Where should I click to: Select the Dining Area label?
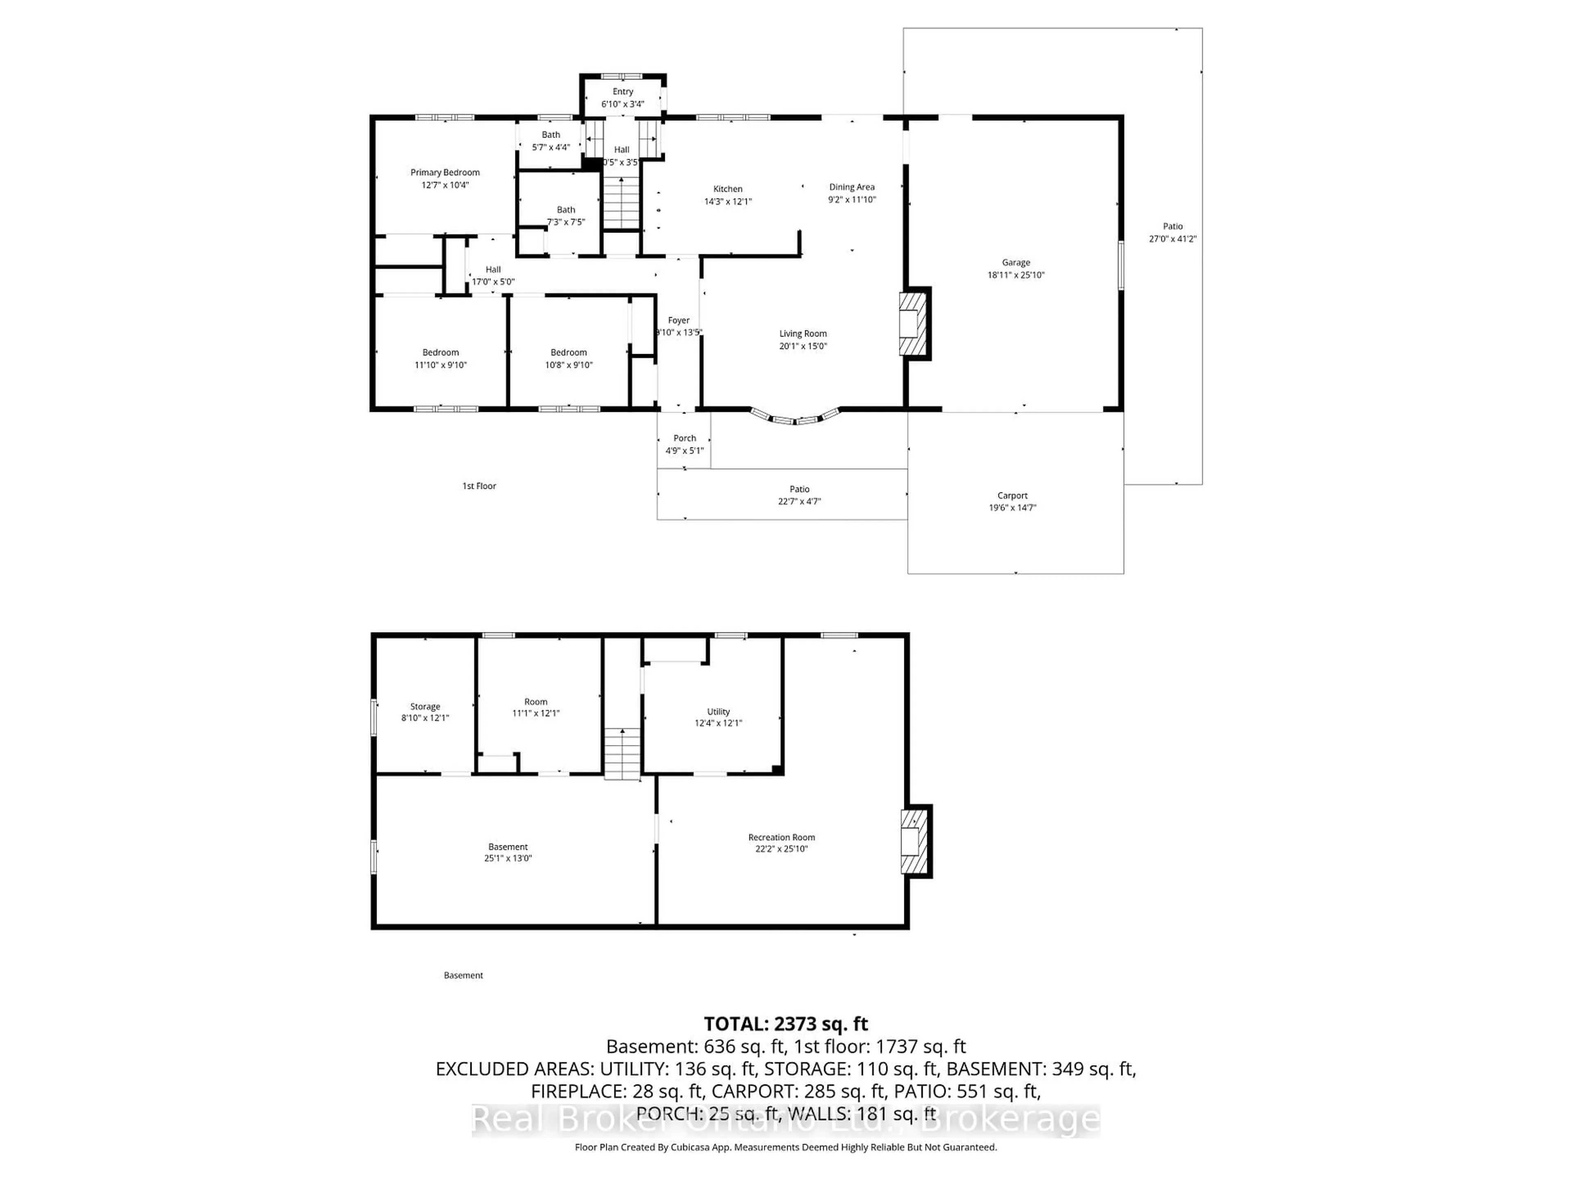click(851, 187)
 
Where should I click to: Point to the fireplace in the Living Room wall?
click(914, 324)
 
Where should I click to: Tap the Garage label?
click(1016, 263)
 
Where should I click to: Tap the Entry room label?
click(623, 92)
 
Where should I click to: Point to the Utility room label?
click(718, 711)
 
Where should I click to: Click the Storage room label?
click(425, 707)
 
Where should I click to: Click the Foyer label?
click(679, 321)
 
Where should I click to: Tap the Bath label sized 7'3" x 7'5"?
click(566, 210)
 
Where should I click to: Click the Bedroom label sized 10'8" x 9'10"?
click(569, 352)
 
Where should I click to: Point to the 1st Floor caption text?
click(479, 486)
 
